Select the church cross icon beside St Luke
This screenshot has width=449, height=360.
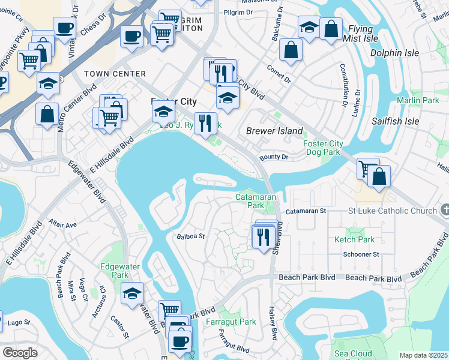[x=444, y=210]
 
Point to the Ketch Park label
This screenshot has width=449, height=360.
[x=354, y=239]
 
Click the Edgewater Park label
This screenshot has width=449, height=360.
[x=115, y=271]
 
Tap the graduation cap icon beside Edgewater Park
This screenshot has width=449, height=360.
[x=133, y=293]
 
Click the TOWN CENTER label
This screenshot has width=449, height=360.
[x=107, y=74]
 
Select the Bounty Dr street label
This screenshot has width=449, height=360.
[x=274, y=157]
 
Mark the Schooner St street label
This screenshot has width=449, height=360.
[x=361, y=254]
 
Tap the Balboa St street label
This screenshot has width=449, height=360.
[x=191, y=236]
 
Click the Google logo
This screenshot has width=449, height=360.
[x=20, y=353]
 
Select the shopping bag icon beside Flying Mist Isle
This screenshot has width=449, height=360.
[x=331, y=29]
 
